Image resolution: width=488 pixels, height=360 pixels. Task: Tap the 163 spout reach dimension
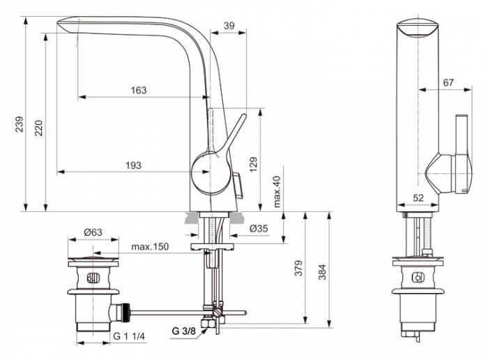click(x=139, y=90)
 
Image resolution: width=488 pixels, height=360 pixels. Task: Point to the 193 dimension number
click(x=133, y=165)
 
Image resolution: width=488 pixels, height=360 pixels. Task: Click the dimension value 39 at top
click(x=229, y=24)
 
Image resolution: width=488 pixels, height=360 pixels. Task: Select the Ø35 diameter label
click(x=258, y=228)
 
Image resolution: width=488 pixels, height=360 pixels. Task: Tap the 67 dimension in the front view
click(x=448, y=82)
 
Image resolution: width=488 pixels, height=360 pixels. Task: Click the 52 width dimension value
click(x=418, y=198)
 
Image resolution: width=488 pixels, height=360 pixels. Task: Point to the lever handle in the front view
click(x=460, y=150)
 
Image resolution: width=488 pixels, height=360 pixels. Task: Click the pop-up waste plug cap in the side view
click(x=87, y=262)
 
